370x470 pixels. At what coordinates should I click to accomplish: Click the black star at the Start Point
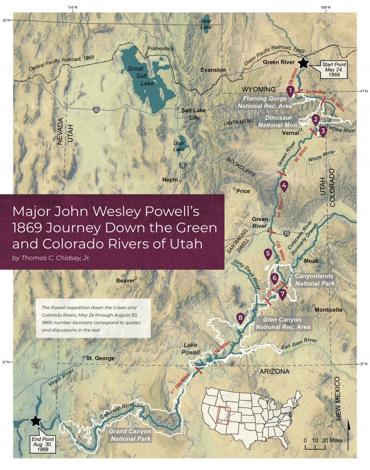point(303,63)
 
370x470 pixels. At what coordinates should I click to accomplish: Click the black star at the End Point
point(35,421)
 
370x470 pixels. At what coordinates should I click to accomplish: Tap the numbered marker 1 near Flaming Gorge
point(291,90)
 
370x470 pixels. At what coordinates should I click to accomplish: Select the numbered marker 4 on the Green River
point(285,185)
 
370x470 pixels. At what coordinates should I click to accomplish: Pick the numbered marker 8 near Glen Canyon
point(240,318)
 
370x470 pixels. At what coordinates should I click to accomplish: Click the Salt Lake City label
point(193,114)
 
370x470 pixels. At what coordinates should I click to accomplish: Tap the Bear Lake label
point(206,26)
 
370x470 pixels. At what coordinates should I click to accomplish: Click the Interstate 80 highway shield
point(97,110)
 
